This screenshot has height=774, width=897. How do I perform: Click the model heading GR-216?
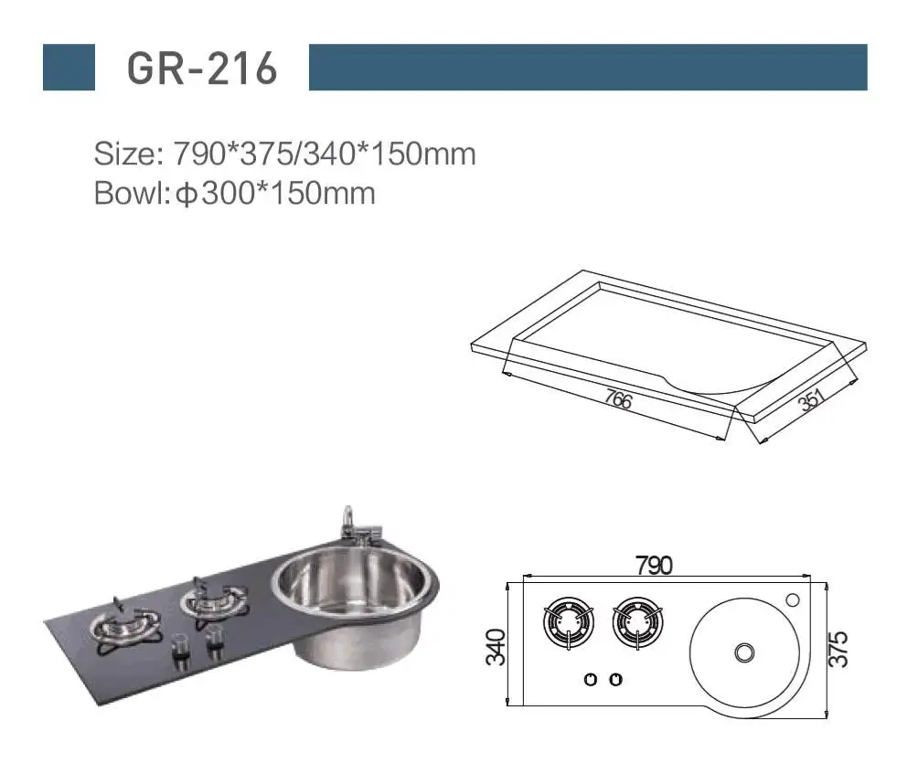(x=202, y=68)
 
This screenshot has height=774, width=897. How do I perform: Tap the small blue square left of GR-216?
(x=69, y=68)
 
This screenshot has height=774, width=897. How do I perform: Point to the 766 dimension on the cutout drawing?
(x=618, y=398)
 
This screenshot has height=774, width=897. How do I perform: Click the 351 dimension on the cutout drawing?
(x=811, y=399)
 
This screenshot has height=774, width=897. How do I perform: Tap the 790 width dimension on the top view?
(x=654, y=566)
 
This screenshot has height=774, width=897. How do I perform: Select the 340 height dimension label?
(x=496, y=647)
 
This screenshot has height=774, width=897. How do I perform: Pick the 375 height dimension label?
(x=838, y=649)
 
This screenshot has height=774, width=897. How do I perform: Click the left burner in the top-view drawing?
(x=569, y=622)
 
